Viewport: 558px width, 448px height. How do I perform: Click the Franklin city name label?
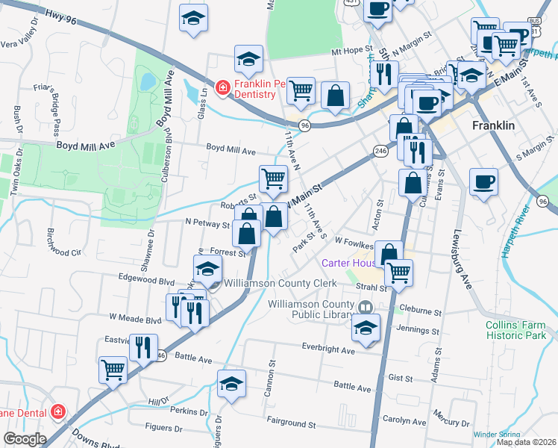[x=493, y=126]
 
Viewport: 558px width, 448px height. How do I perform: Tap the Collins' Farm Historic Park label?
[x=517, y=329]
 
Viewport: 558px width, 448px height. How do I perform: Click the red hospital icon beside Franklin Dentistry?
[x=222, y=89]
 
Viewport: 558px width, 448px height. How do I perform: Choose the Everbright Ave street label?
[x=328, y=348]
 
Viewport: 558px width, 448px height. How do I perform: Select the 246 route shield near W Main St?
[x=380, y=151]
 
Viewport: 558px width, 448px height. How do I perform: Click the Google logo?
[x=25, y=439]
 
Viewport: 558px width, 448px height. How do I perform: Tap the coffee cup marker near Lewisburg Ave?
[x=483, y=181]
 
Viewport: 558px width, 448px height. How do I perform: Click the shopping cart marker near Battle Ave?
[x=113, y=368]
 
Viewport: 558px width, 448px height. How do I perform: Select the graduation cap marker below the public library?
[x=366, y=327]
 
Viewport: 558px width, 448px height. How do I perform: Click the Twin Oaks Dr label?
[x=15, y=177]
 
